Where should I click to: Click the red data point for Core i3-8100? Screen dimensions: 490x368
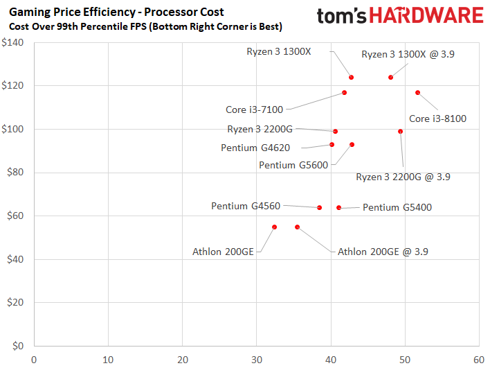click(x=417, y=93)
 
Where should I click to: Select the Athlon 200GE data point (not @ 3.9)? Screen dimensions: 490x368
click(x=274, y=227)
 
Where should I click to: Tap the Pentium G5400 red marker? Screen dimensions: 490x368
click(x=338, y=208)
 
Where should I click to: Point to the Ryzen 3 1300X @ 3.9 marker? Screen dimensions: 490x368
click(x=390, y=78)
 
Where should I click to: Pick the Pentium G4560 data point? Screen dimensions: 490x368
click(x=319, y=208)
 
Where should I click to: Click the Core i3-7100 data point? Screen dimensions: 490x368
click(x=345, y=93)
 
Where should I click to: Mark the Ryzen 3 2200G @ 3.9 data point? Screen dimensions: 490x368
click(x=400, y=132)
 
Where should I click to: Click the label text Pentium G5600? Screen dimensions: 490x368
click(x=293, y=165)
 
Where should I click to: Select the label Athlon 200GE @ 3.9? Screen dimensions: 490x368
click(x=383, y=252)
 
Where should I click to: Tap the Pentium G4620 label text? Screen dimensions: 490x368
click(x=255, y=148)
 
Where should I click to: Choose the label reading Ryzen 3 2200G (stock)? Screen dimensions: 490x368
click(x=260, y=129)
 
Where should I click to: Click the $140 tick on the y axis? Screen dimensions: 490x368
click(x=12, y=42)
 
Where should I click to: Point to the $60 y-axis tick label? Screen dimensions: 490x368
click(x=15, y=216)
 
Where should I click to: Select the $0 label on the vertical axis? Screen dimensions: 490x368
click(x=18, y=346)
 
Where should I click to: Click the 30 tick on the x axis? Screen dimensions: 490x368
click(x=257, y=360)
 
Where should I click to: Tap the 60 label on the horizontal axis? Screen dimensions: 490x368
click(x=479, y=360)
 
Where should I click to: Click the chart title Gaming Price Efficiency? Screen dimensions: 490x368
click(x=72, y=12)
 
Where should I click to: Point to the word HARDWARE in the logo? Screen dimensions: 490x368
click(x=426, y=15)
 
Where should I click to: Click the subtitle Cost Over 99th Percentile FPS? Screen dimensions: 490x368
click(x=78, y=26)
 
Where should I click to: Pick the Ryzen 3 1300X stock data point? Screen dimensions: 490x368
click(x=352, y=78)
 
